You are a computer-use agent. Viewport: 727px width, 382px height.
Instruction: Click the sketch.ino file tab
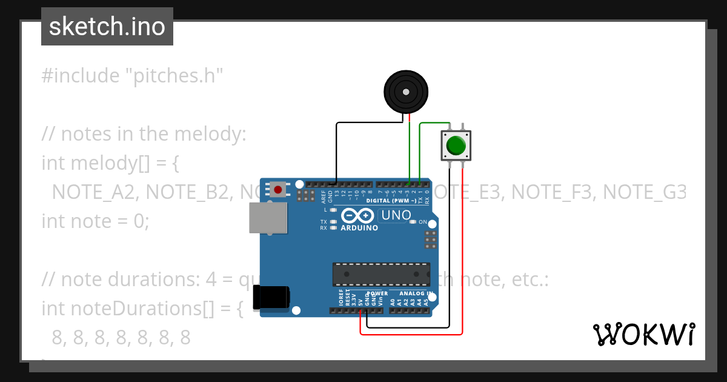(x=107, y=27)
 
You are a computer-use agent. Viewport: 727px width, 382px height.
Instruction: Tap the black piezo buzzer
(x=405, y=91)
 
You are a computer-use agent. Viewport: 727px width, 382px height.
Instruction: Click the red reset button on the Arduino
(x=278, y=190)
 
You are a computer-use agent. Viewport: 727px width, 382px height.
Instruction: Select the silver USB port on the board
(x=268, y=218)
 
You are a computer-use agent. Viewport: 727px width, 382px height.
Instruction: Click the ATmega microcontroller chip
(x=381, y=274)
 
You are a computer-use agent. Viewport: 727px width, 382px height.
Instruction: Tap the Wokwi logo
(x=644, y=334)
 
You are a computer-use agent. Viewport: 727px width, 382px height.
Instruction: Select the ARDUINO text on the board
(x=359, y=228)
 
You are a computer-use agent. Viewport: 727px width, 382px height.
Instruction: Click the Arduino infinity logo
(x=358, y=215)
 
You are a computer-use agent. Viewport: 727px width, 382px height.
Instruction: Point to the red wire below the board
(x=412, y=333)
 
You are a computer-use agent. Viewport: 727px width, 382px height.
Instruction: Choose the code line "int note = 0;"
(x=95, y=221)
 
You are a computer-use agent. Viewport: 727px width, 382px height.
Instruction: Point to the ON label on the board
(x=423, y=222)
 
